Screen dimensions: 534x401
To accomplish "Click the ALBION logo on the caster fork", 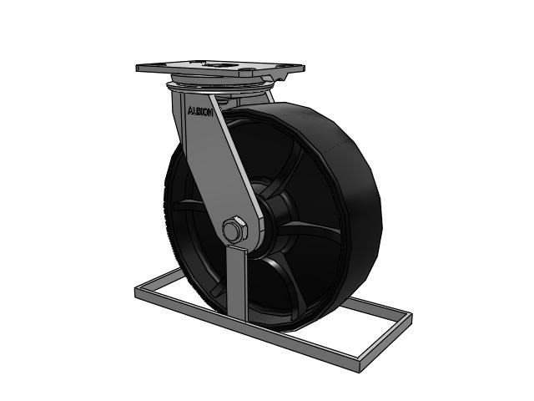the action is (x=200, y=111).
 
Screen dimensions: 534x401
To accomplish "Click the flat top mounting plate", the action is (x=220, y=68).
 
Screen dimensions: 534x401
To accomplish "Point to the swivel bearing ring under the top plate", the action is (x=219, y=87).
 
